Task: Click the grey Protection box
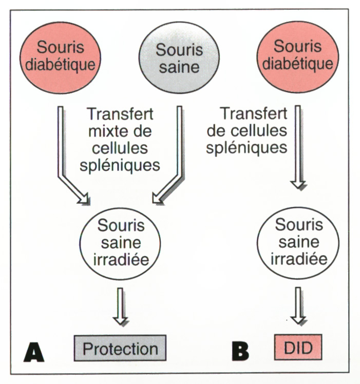click(121, 349)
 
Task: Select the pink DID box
click(298, 349)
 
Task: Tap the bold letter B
click(240, 351)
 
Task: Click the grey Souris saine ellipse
click(180, 58)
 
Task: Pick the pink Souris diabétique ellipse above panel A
click(60, 56)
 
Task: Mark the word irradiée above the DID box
click(299, 260)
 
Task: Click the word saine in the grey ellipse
click(179, 68)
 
